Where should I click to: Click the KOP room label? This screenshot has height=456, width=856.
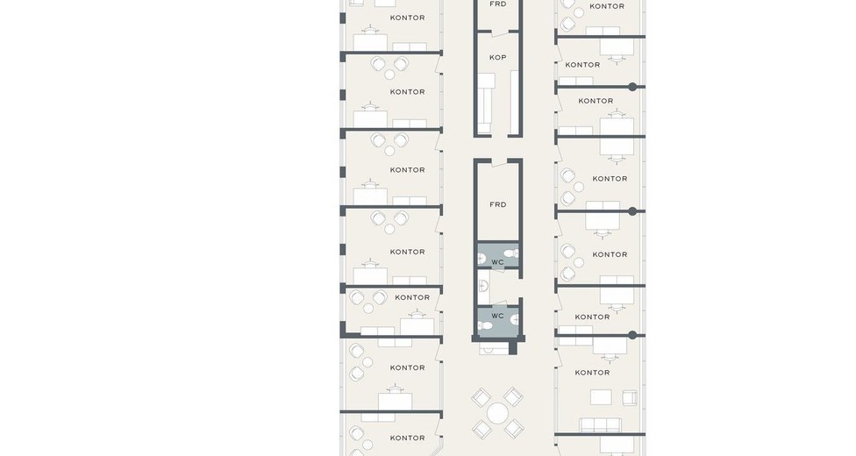tap(497, 57)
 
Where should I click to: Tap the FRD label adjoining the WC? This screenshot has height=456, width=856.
tap(497, 205)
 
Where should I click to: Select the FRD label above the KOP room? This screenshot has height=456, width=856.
tap(497, 4)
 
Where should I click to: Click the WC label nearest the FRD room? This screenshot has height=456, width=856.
tap(497, 262)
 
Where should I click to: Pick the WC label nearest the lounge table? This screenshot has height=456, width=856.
tap(497, 316)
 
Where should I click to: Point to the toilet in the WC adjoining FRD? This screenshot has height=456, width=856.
tap(511, 253)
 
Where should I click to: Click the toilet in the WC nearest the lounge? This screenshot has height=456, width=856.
tap(485, 326)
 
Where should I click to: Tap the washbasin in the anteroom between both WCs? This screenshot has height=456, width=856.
tap(482, 284)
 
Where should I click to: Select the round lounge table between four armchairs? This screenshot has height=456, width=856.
tap(497, 413)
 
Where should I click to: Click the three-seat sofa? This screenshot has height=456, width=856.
tap(600, 425)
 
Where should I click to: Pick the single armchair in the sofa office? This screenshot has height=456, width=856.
tap(630, 397)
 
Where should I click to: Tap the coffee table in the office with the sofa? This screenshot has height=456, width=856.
tap(601, 397)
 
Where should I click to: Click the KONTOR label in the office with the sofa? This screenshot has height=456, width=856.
tap(592, 373)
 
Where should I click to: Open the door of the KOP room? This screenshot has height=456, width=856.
tap(500, 34)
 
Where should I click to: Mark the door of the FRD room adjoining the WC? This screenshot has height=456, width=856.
tap(500, 163)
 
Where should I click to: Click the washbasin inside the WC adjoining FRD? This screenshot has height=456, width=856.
tap(481, 260)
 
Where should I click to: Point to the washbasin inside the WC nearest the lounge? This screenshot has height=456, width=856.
tap(515, 320)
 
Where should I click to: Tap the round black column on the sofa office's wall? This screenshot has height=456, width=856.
tap(632, 335)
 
